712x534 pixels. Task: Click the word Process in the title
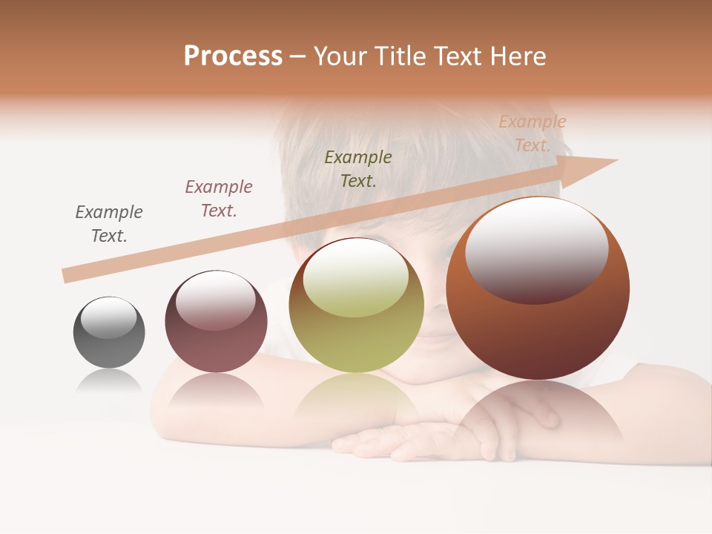click(x=233, y=56)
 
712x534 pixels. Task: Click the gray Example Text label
click(x=109, y=224)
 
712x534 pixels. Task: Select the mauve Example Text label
click(x=219, y=199)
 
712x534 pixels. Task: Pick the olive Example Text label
click(x=358, y=168)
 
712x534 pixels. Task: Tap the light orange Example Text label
click(x=533, y=133)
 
